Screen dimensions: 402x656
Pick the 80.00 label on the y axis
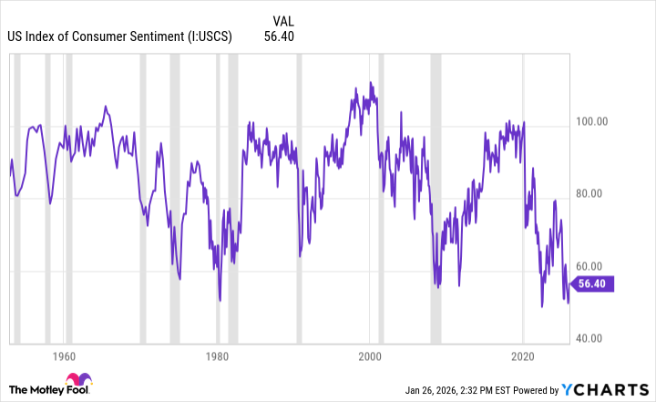click(597, 193)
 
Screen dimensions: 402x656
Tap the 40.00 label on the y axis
click(597, 338)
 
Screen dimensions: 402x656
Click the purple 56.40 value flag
click(594, 283)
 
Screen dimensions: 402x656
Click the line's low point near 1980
click(220, 300)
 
